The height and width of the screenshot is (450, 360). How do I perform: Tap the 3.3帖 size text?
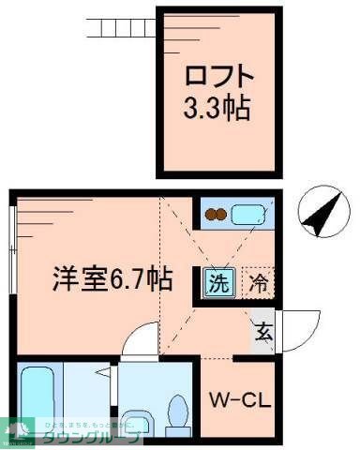coord(217,108)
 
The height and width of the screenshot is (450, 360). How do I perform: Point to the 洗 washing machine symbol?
coord(217,279)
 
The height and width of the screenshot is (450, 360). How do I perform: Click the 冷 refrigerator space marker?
coord(258,279)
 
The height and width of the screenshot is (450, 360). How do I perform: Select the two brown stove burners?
coord(217,215)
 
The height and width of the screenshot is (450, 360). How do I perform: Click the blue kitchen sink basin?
coord(248,215)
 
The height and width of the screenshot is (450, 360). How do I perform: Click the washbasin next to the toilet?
coord(136,417)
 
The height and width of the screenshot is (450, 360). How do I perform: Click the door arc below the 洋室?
coord(140,339)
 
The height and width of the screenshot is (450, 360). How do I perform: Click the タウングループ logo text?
coord(89,439)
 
